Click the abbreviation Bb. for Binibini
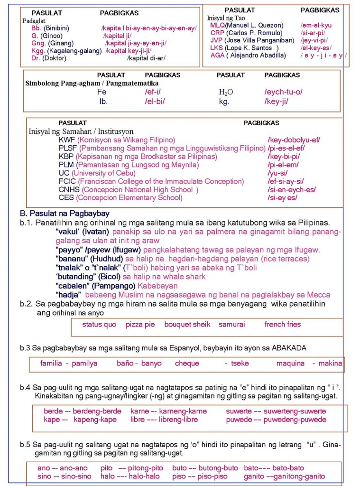click(37, 28)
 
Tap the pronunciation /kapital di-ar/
click(146, 58)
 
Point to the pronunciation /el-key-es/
click(316, 48)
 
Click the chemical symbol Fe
click(102, 92)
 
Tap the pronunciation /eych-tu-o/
click(283, 92)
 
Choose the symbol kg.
click(224, 102)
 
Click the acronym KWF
click(67, 140)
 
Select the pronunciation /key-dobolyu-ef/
click(294, 140)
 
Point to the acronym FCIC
click(67, 181)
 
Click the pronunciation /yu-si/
click(277, 173)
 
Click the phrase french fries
click(282, 325)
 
